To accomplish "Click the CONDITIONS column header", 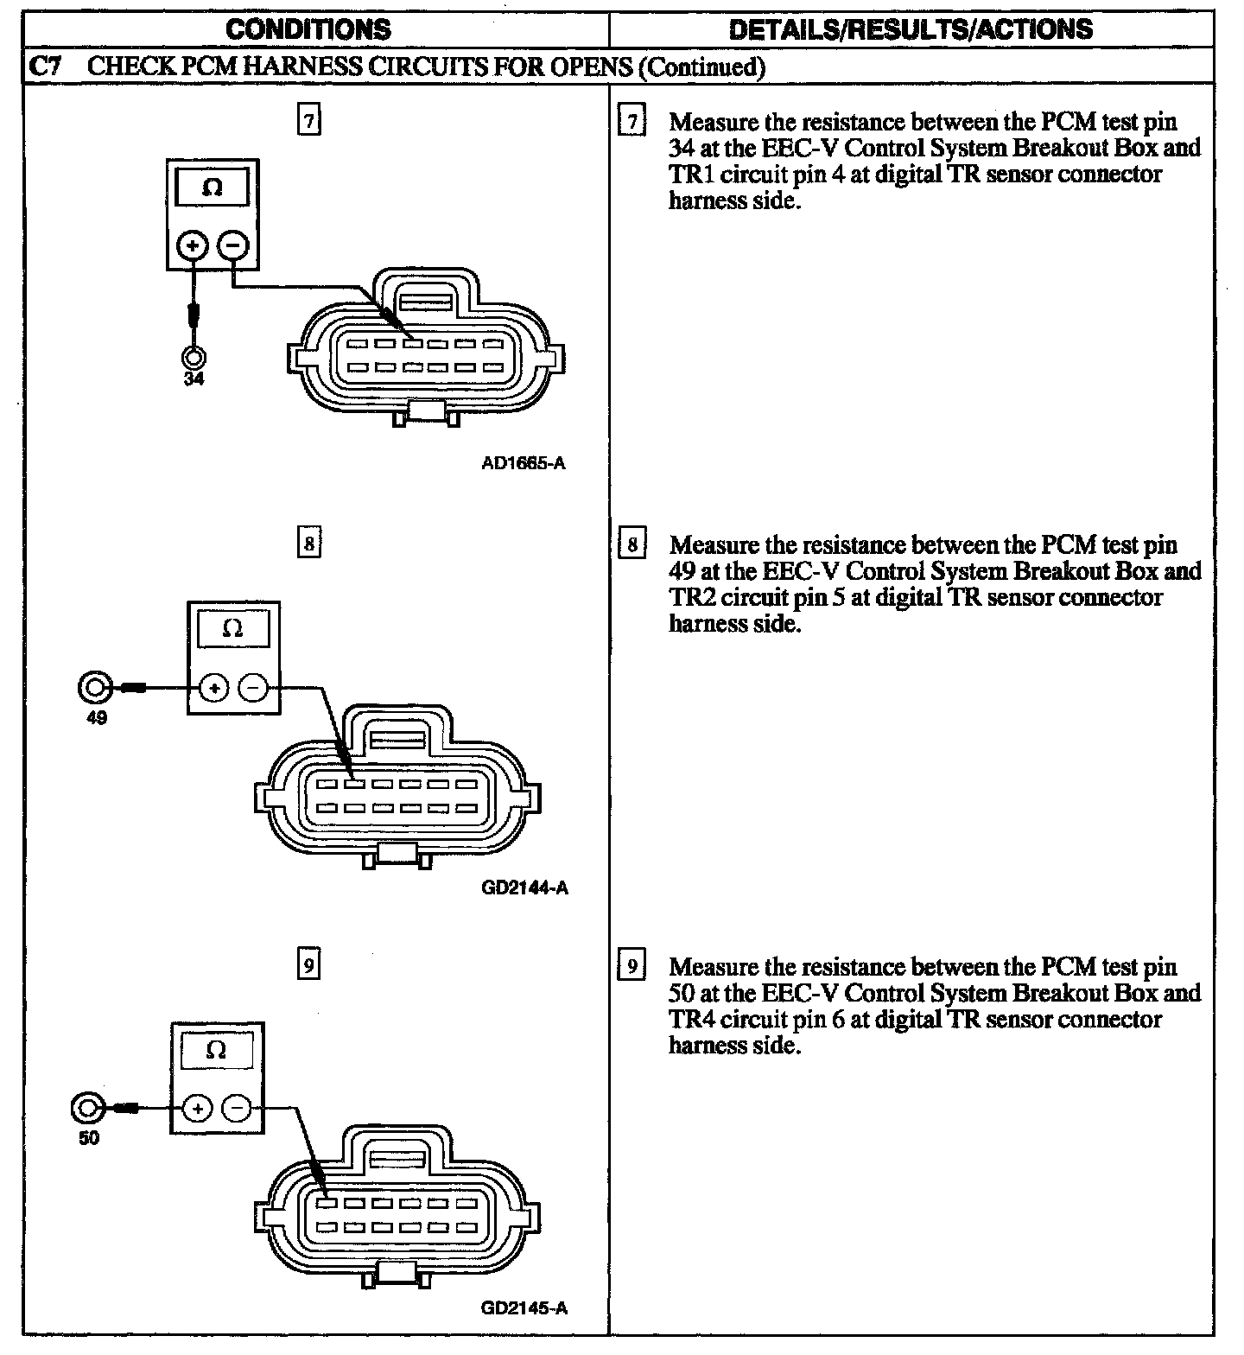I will pyautogui.click(x=308, y=29).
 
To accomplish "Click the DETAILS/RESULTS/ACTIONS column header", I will pyautogui.click(x=911, y=29).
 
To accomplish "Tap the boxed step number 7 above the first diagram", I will pyautogui.click(x=308, y=121).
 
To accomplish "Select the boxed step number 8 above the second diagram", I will pyautogui.click(x=308, y=544).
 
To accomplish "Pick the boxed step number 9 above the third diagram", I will pyautogui.click(x=308, y=964).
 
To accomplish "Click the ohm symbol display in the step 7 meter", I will pyautogui.click(x=212, y=187).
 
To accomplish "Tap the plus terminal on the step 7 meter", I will pyautogui.click(x=193, y=246).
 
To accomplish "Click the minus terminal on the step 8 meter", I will pyautogui.click(x=253, y=688).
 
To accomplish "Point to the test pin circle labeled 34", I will pyautogui.click(x=194, y=356).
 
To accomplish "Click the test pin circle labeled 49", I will pyautogui.click(x=94, y=688).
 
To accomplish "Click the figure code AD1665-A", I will pyautogui.click(x=524, y=463).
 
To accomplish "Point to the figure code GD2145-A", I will pyautogui.click(x=524, y=1307).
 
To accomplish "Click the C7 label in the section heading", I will pyautogui.click(x=45, y=67).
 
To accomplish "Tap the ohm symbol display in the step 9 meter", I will pyautogui.click(x=217, y=1049).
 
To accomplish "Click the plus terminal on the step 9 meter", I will pyautogui.click(x=198, y=1109).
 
